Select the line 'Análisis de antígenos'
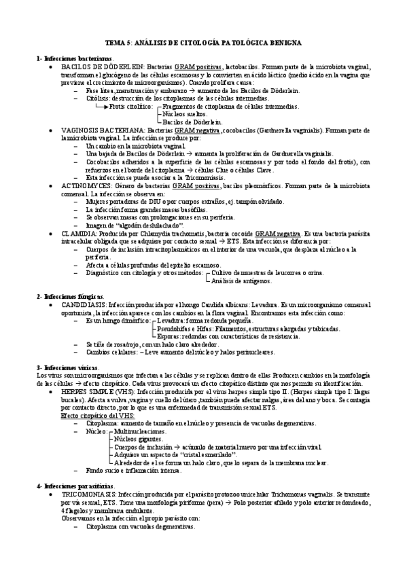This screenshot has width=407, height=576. pos(243,281)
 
